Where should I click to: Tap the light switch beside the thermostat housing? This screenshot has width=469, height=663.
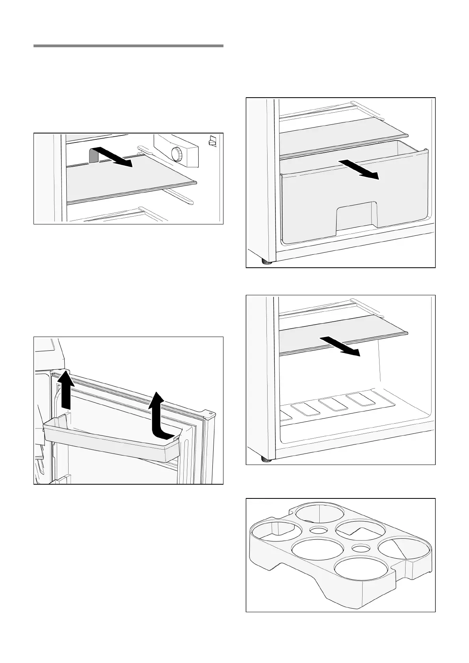click(212, 141)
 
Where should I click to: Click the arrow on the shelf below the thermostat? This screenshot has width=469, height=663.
click(115, 157)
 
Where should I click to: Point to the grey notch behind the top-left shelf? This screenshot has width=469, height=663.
click(94, 156)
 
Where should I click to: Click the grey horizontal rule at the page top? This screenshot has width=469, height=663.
click(128, 46)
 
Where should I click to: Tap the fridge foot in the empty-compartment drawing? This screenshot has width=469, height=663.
click(267, 459)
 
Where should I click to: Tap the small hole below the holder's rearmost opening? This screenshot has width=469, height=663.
click(317, 530)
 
